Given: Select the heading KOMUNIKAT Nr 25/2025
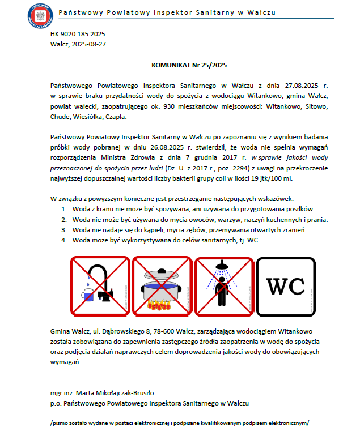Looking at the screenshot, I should point(189,66).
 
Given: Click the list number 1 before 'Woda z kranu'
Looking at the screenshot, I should point(64,210).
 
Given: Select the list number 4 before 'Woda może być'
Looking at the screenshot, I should point(64,240).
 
